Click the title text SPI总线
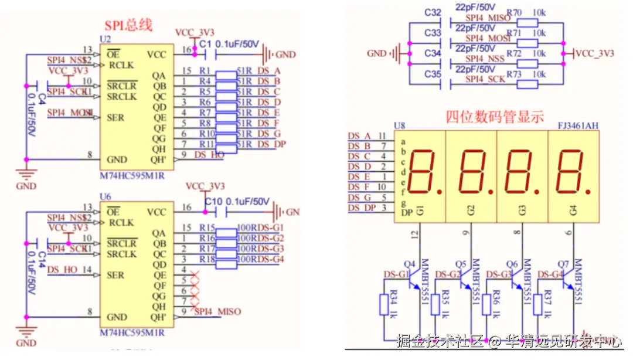click(128, 25)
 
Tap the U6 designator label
click(105, 197)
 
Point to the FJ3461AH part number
click(578, 125)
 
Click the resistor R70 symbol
click(528, 23)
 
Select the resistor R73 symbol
click(528, 84)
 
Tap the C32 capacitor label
click(433, 13)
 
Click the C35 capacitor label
click(433, 74)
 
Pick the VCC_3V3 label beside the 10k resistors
click(594, 53)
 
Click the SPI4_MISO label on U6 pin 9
click(217, 311)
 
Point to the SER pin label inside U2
click(115, 118)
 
